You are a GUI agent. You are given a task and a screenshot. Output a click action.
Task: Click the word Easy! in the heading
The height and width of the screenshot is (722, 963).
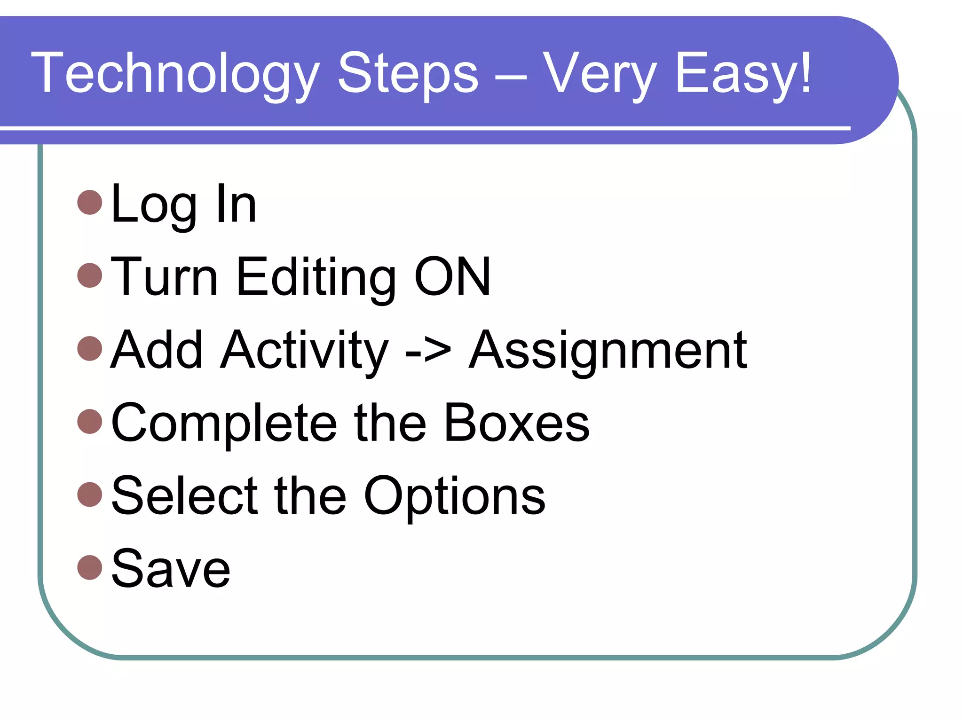coord(743,74)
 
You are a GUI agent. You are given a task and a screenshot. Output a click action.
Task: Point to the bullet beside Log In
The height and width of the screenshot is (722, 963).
coord(89,202)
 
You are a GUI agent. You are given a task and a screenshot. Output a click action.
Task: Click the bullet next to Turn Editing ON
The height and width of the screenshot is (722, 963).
coord(89,275)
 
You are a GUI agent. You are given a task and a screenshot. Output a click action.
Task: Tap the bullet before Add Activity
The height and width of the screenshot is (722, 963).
coord(89,348)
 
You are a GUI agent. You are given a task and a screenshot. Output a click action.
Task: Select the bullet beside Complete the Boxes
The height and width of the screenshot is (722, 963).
coord(89,421)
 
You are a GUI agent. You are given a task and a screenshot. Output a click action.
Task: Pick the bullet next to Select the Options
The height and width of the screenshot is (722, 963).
coord(89,494)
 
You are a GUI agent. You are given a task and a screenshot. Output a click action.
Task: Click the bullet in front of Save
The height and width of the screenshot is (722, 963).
coord(89,567)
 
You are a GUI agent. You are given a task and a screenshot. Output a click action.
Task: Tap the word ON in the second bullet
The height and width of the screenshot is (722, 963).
coord(452,277)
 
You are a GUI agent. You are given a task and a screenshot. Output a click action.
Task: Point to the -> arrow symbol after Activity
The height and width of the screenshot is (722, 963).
coord(428,351)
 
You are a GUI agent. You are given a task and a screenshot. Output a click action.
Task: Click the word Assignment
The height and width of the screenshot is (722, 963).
coord(608,351)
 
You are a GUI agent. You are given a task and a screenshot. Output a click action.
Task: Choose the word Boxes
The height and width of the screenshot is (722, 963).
coord(516,423)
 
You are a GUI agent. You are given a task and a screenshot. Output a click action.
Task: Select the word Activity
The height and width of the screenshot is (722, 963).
coord(305,351)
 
